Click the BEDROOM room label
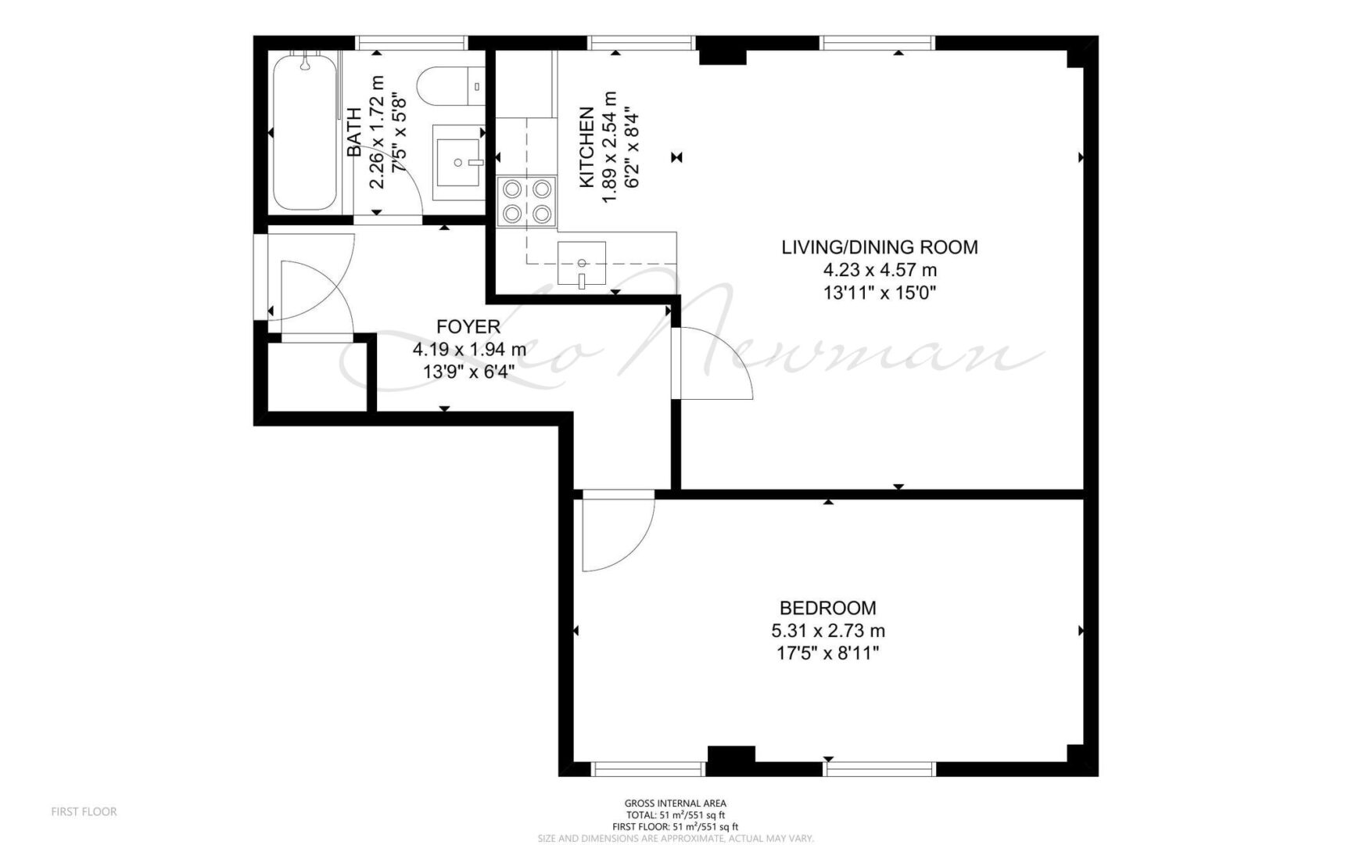827,607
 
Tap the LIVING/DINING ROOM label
880,247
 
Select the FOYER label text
468,326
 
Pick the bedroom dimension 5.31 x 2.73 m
828,630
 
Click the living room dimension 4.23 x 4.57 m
880,271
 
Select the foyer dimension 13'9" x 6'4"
468,372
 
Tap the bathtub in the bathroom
306,131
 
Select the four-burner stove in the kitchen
527,201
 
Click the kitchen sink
582,262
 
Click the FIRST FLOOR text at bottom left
84,811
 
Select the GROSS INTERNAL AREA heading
676,803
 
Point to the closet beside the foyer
317,376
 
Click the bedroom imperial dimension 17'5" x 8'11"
828,653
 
